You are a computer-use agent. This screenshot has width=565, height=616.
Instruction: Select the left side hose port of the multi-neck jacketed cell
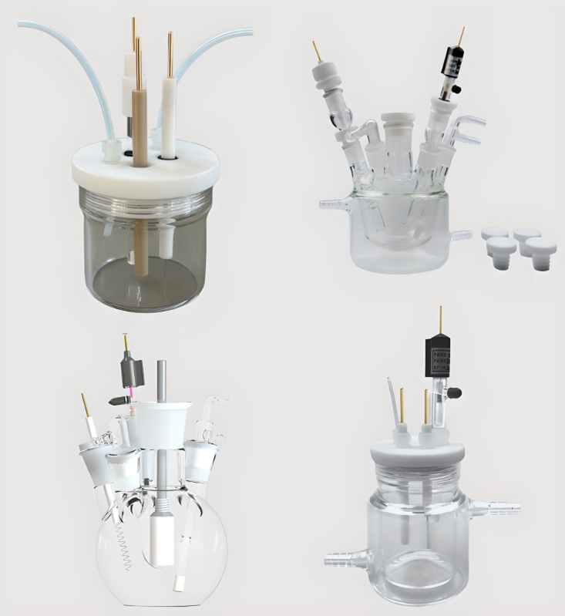333,204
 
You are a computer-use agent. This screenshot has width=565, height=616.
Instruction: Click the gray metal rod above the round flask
161,381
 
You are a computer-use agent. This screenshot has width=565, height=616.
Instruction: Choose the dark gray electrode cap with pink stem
129,374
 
